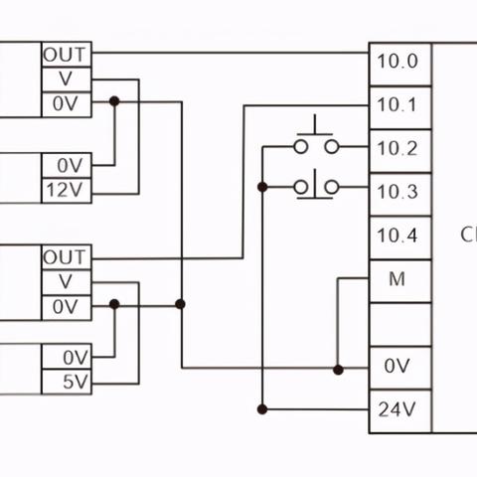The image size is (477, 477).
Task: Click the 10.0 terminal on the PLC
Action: (x=400, y=64)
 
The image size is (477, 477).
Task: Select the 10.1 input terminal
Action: (x=400, y=107)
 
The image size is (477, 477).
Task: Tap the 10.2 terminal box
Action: (x=400, y=151)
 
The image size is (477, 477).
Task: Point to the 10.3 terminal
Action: (x=400, y=195)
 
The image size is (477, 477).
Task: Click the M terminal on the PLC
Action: (x=400, y=281)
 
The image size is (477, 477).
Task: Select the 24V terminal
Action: (x=400, y=411)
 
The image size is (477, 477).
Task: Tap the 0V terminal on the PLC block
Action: (x=400, y=368)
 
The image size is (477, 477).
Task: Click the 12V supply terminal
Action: (x=67, y=191)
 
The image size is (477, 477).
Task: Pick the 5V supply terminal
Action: (x=67, y=382)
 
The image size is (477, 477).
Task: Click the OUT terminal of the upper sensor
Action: (x=67, y=55)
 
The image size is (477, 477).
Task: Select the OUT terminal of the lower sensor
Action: (x=67, y=257)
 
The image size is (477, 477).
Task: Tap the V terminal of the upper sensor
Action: (x=67, y=79)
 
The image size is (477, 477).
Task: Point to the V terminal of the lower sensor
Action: (x=67, y=282)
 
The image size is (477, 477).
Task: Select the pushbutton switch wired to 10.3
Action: (x=316, y=187)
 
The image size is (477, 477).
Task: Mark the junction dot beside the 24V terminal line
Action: (x=262, y=409)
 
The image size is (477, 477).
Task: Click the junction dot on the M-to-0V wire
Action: (x=338, y=370)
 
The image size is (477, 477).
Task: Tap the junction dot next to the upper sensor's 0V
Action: (x=114, y=101)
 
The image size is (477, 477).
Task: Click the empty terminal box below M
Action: (x=400, y=325)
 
